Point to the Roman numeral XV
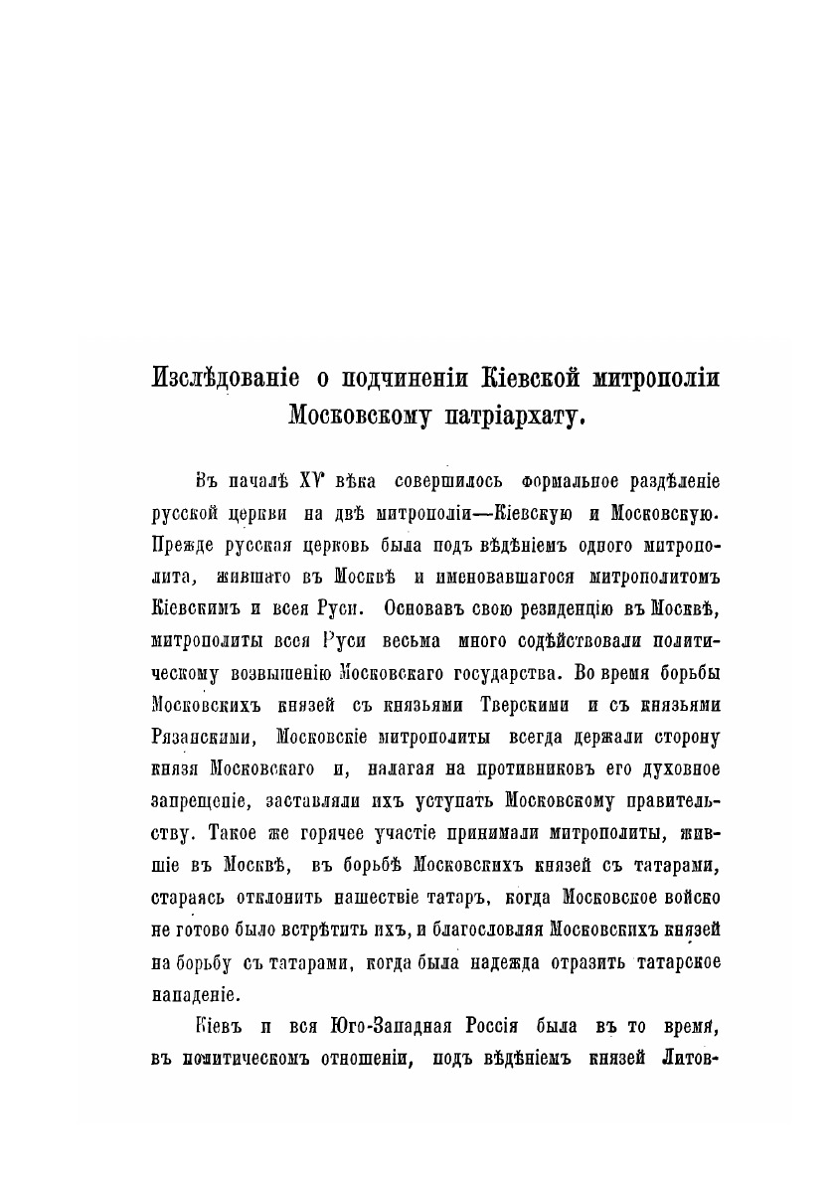click(320, 483)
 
